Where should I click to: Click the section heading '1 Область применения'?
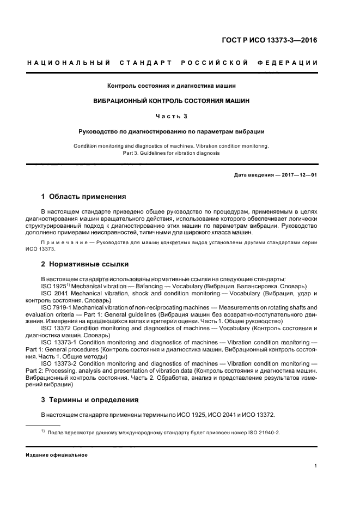pyautogui.click(x=84, y=196)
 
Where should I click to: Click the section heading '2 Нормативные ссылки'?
pyautogui.click(x=85, y=264)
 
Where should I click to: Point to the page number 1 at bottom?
pyautogui.click(x=316, y=465)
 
